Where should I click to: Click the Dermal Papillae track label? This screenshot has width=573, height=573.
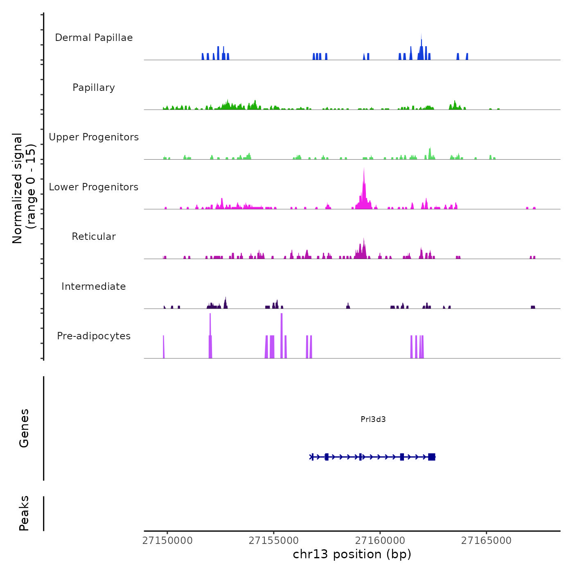(94, 38)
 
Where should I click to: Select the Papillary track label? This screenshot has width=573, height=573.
(94, 88)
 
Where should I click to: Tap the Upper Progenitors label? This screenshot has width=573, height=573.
(94, 137)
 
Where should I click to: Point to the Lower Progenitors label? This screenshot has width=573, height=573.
(94, 187)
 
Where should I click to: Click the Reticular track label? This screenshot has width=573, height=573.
(94, 237)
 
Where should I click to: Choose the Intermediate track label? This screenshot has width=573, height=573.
(94, 286)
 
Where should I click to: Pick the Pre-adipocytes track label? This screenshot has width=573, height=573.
(94, 336)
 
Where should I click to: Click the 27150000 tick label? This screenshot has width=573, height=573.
(167, 541)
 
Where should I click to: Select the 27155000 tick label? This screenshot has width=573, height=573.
(274, 541)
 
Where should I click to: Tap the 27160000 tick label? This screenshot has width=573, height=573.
(380, 541)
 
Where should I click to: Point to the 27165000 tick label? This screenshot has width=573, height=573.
(486, 541)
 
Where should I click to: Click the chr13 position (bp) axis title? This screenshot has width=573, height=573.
(352, 554)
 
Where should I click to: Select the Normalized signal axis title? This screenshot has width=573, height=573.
(24, 188)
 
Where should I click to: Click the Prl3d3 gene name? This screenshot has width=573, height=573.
(373, 419)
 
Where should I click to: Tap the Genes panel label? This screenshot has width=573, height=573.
(24, 428)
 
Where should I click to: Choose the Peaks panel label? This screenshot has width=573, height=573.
(24, 513)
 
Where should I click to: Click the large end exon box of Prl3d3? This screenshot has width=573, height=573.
(431, 457)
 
